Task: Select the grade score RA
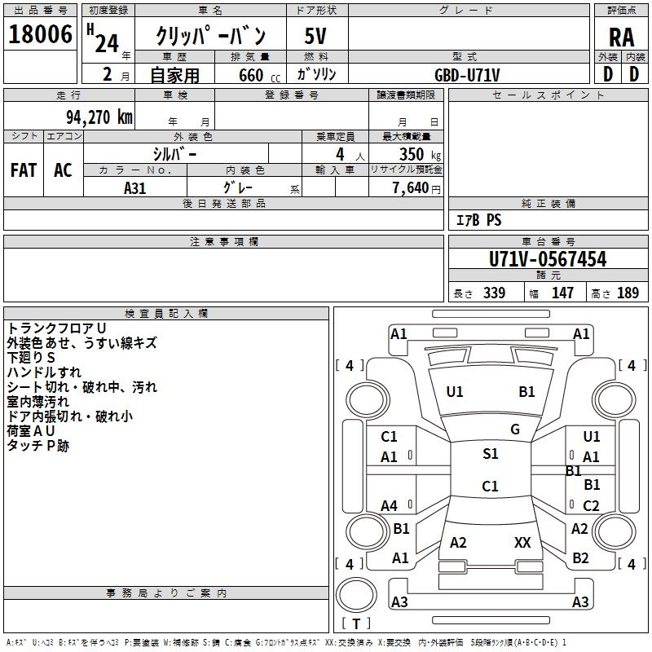pos(621,37)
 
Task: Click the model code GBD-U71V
pos(467,75)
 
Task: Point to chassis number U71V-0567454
pos(548,259)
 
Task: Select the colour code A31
pos(135,187)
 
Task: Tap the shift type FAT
pos(24,170)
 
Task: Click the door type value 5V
pos(316,36)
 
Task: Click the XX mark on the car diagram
pos(522,542)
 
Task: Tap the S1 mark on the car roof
pos(490,454)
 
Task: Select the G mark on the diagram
pos(515,429)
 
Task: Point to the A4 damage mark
pos(390,505)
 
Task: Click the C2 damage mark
pos(592,505)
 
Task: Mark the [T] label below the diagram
pos(355,624)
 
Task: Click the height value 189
pos(628,293)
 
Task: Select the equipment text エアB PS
pos(478,220)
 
